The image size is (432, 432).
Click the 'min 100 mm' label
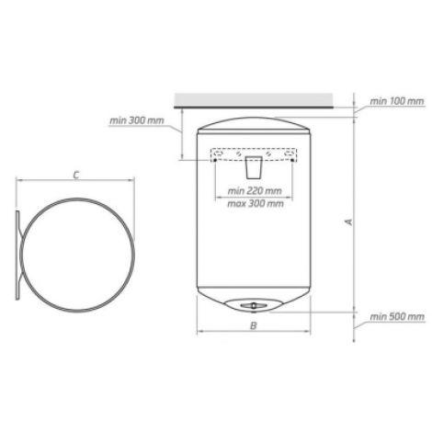[x=397, y=101]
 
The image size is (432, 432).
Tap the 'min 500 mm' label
[x=397, y=316]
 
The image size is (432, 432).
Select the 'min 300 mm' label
[x=137, y=120]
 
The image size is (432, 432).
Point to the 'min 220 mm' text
[x=255, y=191]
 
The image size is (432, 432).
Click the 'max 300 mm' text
[x=256, y=203]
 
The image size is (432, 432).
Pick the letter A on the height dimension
[x=348, y=222]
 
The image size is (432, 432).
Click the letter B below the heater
[x=253, y=325]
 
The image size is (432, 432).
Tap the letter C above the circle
[x=76, y=176]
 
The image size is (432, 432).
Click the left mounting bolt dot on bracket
[x=215, y=160]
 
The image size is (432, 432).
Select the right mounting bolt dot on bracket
[x=292, y=160]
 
